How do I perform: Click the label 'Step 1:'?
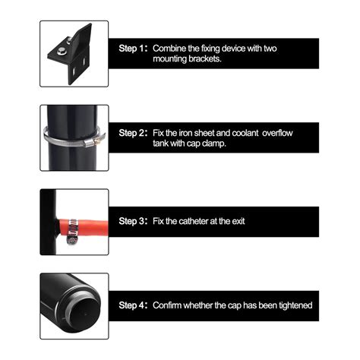(133, 49)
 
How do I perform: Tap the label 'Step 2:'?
(133, 133)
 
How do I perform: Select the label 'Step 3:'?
(133, 221)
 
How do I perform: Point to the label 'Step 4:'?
(133, 305)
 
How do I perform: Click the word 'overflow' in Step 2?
(277, 133)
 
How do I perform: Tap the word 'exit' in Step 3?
(238, 221)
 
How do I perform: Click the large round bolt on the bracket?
(62, 51)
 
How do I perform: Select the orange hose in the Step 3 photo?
(83, 228)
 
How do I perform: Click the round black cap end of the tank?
(84, 314)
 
